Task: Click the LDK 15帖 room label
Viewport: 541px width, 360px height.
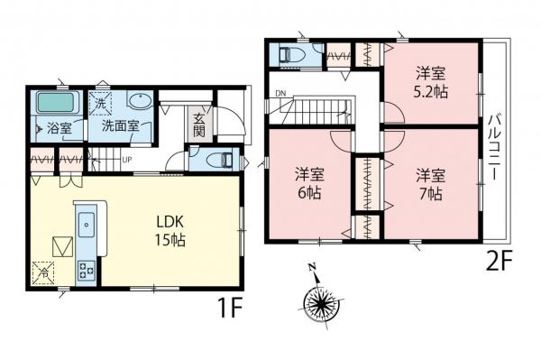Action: coord(169,230)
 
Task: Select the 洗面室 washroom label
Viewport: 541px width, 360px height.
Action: coord(120,127)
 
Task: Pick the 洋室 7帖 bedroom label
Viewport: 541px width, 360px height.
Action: coord(429,184)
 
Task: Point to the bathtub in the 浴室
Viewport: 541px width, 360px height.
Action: coord(57,101)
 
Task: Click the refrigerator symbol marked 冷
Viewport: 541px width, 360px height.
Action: coord(42,271)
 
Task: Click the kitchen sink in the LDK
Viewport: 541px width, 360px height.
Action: coord(86,223)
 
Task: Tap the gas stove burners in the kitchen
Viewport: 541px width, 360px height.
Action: coord(87,269)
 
